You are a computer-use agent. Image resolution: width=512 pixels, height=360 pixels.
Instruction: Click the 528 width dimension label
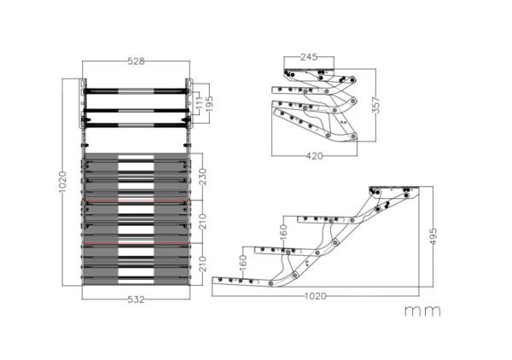click(x=137, y=61)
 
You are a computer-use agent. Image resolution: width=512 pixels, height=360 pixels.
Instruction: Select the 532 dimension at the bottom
click(x=137, y=299)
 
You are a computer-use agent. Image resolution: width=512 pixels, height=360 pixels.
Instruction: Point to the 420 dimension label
click(x=314, y=156)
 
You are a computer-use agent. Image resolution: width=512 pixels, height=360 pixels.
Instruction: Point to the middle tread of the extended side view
click(x=277, y=250)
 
